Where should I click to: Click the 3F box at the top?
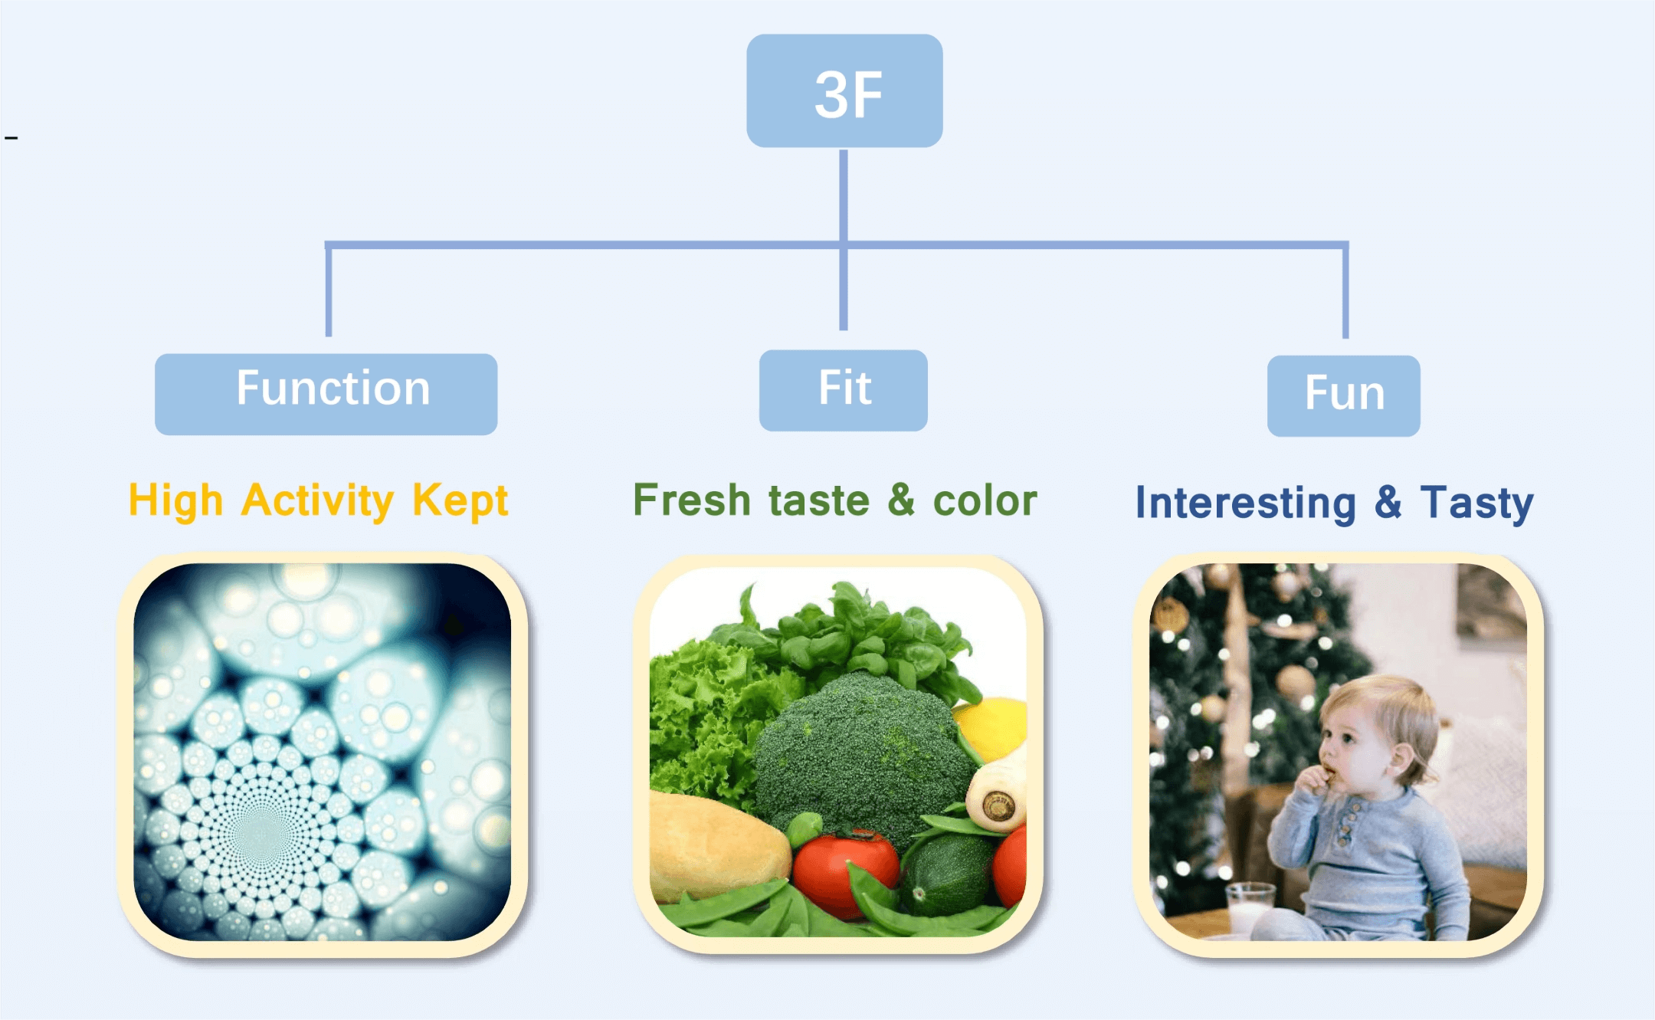click(844, 90)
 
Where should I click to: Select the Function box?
click(326, 394)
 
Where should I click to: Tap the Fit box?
click(843, 390)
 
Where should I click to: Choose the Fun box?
click(1343, 395)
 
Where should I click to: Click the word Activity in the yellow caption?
click(317, 501)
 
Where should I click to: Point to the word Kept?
click(460, 501)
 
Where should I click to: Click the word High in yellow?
click(175, 501)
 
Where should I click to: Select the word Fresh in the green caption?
click(691, 500)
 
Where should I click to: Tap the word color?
click(985, 500)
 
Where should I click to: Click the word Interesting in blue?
click(1246, 503)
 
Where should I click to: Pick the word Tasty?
click(1476, 503)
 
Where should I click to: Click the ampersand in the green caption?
click(901, 500)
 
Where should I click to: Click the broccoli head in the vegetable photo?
click(862, 751)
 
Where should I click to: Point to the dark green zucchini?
click(948, 874)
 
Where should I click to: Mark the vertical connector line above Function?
click(329, 290)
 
